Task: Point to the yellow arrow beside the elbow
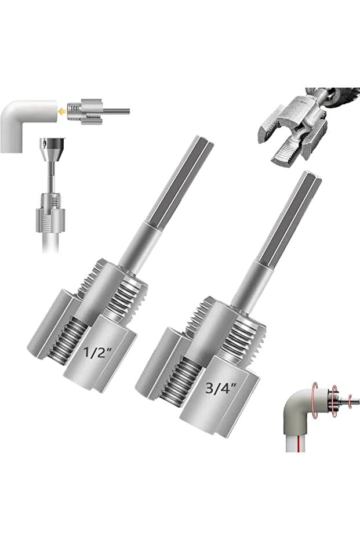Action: [62, 111]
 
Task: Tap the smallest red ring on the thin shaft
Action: [350, 401]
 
